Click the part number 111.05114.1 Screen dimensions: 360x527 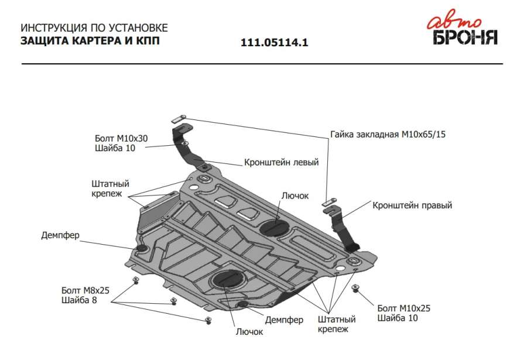274,43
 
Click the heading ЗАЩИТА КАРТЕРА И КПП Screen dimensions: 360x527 90,41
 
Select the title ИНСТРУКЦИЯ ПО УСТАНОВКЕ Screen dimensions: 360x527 94,28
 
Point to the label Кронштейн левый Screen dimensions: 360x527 281,163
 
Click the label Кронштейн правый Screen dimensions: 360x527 412,205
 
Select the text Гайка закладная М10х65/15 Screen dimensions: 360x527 388,135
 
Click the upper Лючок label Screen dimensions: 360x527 295,196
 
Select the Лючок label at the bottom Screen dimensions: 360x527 249,332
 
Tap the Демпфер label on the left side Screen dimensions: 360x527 60,236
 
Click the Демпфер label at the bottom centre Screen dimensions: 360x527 284,320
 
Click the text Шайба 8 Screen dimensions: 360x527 78,301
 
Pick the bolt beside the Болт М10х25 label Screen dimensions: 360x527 355,288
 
